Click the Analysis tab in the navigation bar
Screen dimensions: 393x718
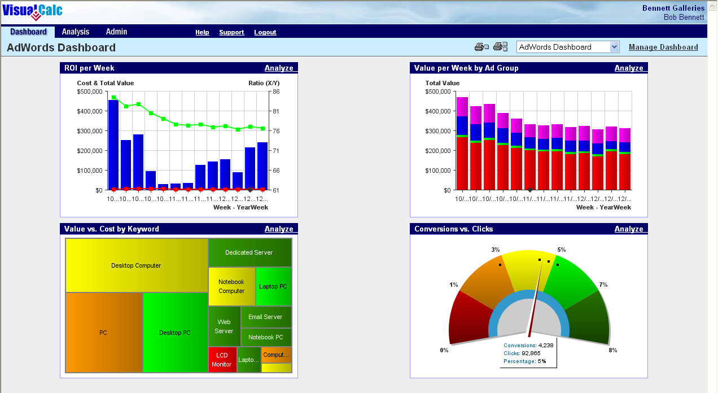[76, 32]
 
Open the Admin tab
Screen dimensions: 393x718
[116, 32]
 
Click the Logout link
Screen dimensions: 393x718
[265, 33]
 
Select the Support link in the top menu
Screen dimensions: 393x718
[231, 33]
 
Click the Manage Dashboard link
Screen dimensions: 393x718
[663, 47]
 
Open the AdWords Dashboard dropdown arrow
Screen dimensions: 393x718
[615, 47]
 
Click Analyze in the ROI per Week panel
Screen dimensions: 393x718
[279, 68]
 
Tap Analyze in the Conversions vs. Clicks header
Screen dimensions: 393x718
[629, 229]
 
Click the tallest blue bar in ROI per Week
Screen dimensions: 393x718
[113, 145]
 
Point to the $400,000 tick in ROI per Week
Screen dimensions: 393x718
[90, 111]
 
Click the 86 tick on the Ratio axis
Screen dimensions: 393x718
[276, 91]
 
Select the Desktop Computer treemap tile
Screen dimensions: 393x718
[136, 265]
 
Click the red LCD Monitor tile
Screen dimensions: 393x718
[222, 360]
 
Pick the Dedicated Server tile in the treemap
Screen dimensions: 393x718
[249, 252]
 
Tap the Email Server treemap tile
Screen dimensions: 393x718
[265, 317]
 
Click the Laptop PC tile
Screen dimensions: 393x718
[273, 286]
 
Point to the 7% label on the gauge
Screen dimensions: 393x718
[603, 285]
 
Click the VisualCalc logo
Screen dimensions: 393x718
[32, 11]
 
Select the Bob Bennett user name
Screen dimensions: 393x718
[684, 18]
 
